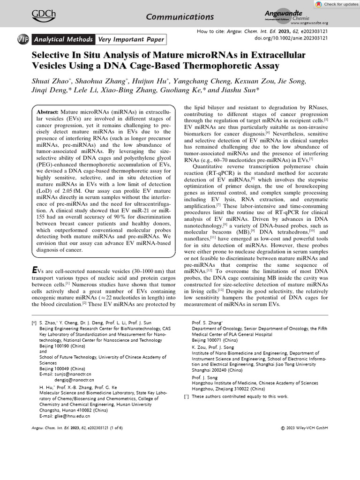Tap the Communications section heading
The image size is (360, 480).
[180, 17]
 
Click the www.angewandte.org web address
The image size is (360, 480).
[309, 22]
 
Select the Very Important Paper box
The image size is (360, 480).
[130, 39]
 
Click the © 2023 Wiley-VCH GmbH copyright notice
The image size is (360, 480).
[304, 427]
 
